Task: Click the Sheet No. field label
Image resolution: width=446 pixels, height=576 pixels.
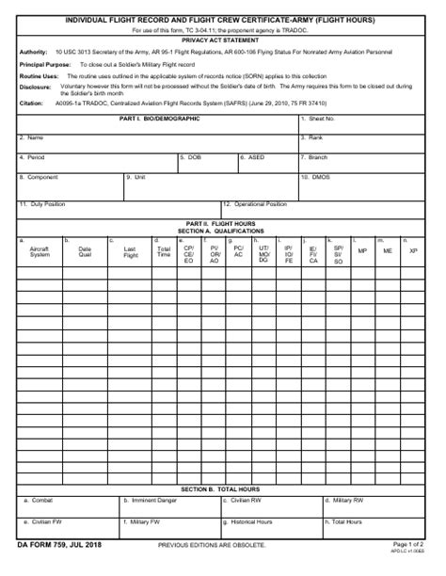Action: (x=318, y=119)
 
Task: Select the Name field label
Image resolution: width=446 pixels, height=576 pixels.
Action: (x=35, y=137)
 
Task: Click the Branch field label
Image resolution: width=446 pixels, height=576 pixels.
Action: (x=317, y=157)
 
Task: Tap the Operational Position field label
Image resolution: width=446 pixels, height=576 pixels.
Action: (x=259, y=203)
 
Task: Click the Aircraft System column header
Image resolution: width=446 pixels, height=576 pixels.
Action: (x=40, y=251)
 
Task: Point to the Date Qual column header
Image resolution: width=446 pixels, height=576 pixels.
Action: (x=85, y=251)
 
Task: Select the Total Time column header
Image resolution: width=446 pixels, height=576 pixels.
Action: (x=164, y=251)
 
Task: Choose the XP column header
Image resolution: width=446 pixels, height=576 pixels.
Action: (x=412, y=251)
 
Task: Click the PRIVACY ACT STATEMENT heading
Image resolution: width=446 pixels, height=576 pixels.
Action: (x=222, y=40)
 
